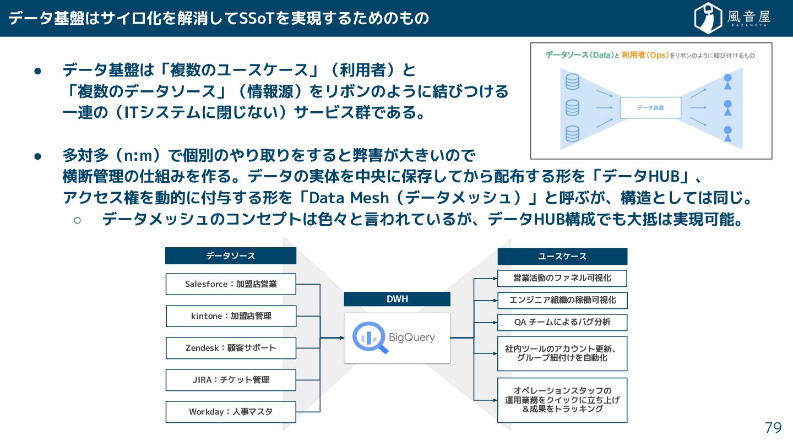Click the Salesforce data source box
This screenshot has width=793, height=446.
[x=231, y=284]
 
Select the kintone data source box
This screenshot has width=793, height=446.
[x=231, y=316]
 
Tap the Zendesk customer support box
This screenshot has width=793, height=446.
[x=231, y=348]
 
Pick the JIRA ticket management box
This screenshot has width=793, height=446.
[x=231, y=380]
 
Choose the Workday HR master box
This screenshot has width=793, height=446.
[x=231, y=412]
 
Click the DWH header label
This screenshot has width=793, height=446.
[x=397, y=299]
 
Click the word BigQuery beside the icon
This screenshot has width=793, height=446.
[x=411, y=338]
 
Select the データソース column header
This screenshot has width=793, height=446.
[x=231, y=256]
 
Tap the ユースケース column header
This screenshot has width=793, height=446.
[x=562, y=257]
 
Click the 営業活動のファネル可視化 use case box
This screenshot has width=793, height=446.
[x=562, y=278]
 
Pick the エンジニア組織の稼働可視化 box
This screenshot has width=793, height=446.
[x=562, y=300]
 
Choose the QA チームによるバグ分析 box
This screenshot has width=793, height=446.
[x=562, y=322]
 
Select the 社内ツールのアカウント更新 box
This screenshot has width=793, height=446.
[x=562, y=353]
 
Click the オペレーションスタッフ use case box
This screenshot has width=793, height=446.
[x=562, y=400]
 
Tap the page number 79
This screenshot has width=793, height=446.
[x=773, y=428]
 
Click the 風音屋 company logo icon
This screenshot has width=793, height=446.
[x=708, y=18]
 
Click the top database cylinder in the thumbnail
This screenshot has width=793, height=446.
[x=573, y=82]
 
